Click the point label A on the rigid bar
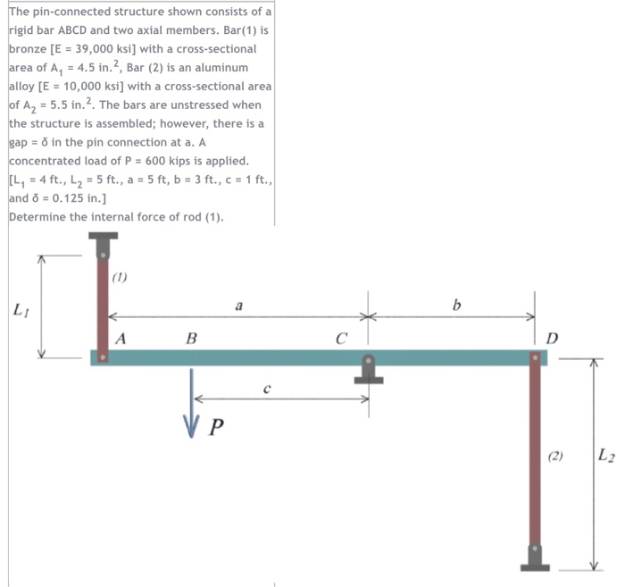pyautogui.click(x=121, y=339)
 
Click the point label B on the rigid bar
pyautogui.click(x=191, y=339)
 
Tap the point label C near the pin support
pyautogui.click(x=341, y=339)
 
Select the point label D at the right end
pyautogui.click(x=552, y=339)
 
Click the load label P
pyautogui.click(x=216, y=427)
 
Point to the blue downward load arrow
pyautogui.click(x=191, y=403)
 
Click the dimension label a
pyautogui.click(x=238, y=306)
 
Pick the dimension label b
pyautogui.click(x=457, y=305)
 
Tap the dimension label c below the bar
pyautogui.click(x=267, y=388)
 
